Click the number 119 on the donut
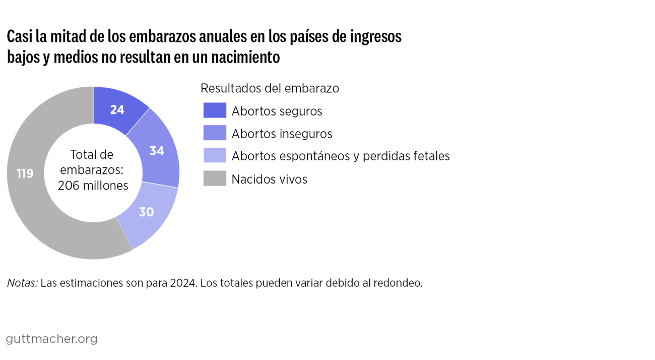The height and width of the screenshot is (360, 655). (25, 174)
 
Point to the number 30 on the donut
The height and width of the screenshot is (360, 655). (146, 212)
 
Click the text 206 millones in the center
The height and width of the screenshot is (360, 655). (93, 186)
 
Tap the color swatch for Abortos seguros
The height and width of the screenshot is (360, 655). (215, 110)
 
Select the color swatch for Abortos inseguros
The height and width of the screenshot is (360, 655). (215, 133)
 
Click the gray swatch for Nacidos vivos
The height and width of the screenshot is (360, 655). (215, 178)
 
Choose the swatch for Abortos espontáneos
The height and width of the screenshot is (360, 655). (215, 156)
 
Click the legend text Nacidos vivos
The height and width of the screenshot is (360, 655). (269, 179)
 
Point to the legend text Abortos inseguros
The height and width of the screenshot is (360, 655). (282, 134)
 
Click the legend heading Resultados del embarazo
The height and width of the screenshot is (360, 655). (270, 88)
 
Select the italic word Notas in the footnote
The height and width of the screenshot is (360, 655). (22, 283)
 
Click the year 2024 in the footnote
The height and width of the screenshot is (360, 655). (182, 283)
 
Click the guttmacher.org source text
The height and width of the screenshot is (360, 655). (52, 339)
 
